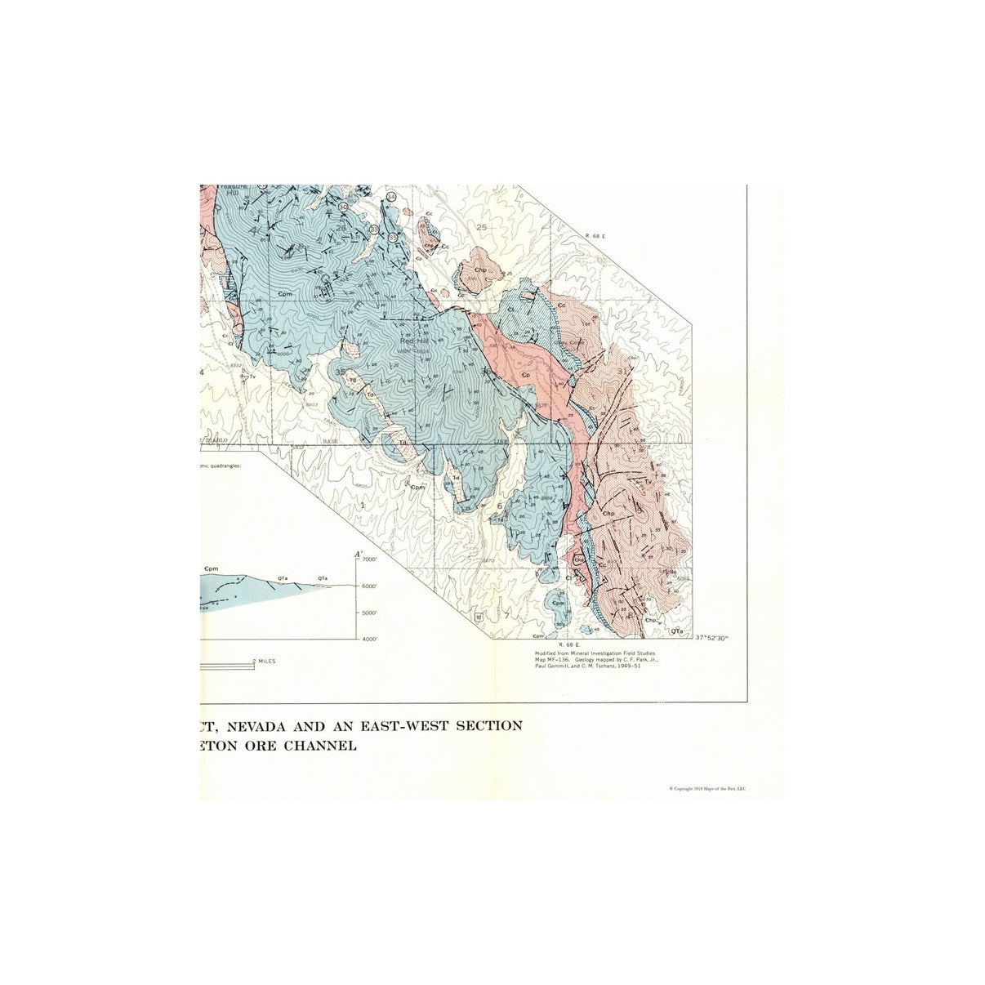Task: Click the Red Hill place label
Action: pyautogui.click(x=413, y=343)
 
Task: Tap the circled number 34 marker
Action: pyautogui.click(x=391, y=198)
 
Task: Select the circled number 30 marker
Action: pyautogui.click(x=343, y=207)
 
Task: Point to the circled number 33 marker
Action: pyautogui.click(x=374, y=230)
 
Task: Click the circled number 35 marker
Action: pyautogui.click(x=393, y=237)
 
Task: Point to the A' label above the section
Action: pyautogui.click(x=357, y=553)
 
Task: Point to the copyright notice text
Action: pyautogui.click(x=712, y=789)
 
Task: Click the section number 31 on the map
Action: pyautogui.click(x=626, y=371)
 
